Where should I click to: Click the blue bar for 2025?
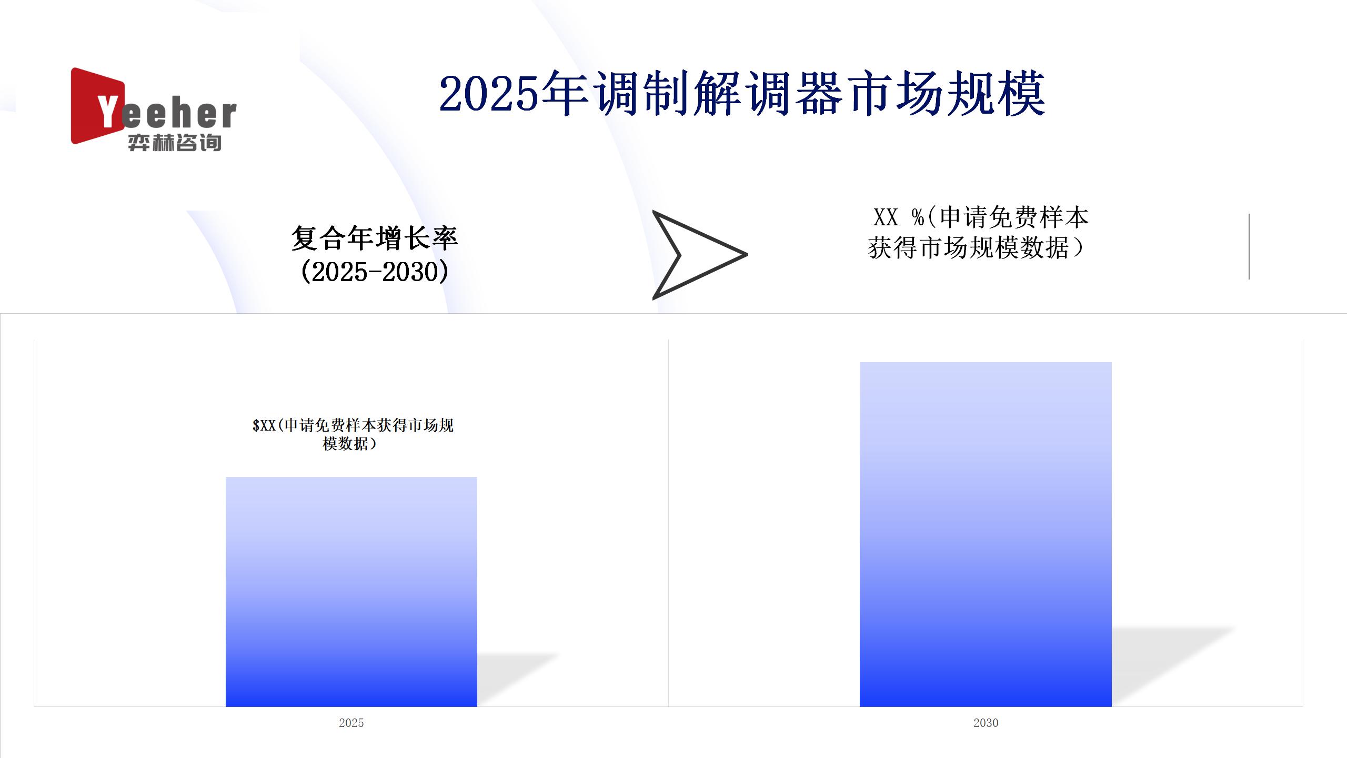(x=351, y=592)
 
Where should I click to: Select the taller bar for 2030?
(x=986, y=534)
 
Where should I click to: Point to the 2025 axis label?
(x=351, y=723)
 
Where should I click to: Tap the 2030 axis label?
(x=986, y=723)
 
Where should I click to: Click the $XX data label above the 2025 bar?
(x=353, y=434)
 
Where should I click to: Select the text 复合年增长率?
(x=375, y=238)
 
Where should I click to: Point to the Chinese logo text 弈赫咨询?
(x=175, y=143)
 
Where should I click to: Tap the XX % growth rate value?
(x=898, y=217)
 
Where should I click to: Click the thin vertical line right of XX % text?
(x=1249, y=246)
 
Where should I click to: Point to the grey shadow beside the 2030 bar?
(x=1173, y=666)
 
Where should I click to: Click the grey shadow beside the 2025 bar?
(x=518, y=679)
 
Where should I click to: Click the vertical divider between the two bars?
(x=668, y=523)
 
